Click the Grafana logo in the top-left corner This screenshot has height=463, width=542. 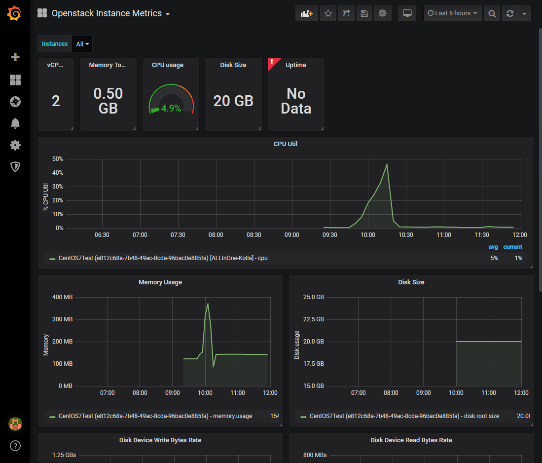[15, 13]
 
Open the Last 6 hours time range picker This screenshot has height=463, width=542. [452, 13]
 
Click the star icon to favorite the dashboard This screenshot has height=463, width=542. [328, 13]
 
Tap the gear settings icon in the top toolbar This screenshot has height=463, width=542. [382, 13]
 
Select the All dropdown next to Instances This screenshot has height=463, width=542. [82, 44]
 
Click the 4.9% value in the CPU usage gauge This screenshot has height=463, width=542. [171, 108]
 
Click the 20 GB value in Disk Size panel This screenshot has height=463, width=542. [233, 101]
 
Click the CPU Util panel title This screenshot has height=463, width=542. [286, 144]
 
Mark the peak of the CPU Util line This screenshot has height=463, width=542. [387, 164]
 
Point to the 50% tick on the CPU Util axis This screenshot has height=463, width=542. [58, 159]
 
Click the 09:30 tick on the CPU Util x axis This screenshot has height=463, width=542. [330, 235]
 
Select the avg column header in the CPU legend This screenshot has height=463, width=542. [493, 247]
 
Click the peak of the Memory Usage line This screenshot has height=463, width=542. [208, 304]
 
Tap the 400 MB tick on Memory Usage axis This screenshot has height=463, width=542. [62, 297]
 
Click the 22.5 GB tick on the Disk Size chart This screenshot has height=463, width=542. [313, 319]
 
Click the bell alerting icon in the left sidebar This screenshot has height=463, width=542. [15, 123]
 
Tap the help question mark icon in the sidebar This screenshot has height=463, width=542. [15, 446]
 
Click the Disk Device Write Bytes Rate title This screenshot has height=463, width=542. [160, 440]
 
